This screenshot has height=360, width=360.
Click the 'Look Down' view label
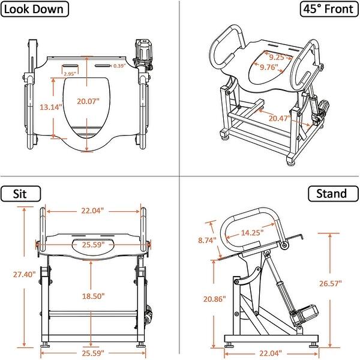[x=35, y=8]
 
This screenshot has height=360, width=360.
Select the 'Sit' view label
[x=20, y=193]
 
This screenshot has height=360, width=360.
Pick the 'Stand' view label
[x=332, y=193]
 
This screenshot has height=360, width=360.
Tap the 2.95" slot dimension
[x=70, y=74]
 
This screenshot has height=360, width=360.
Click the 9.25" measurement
[x=277, y=58]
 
